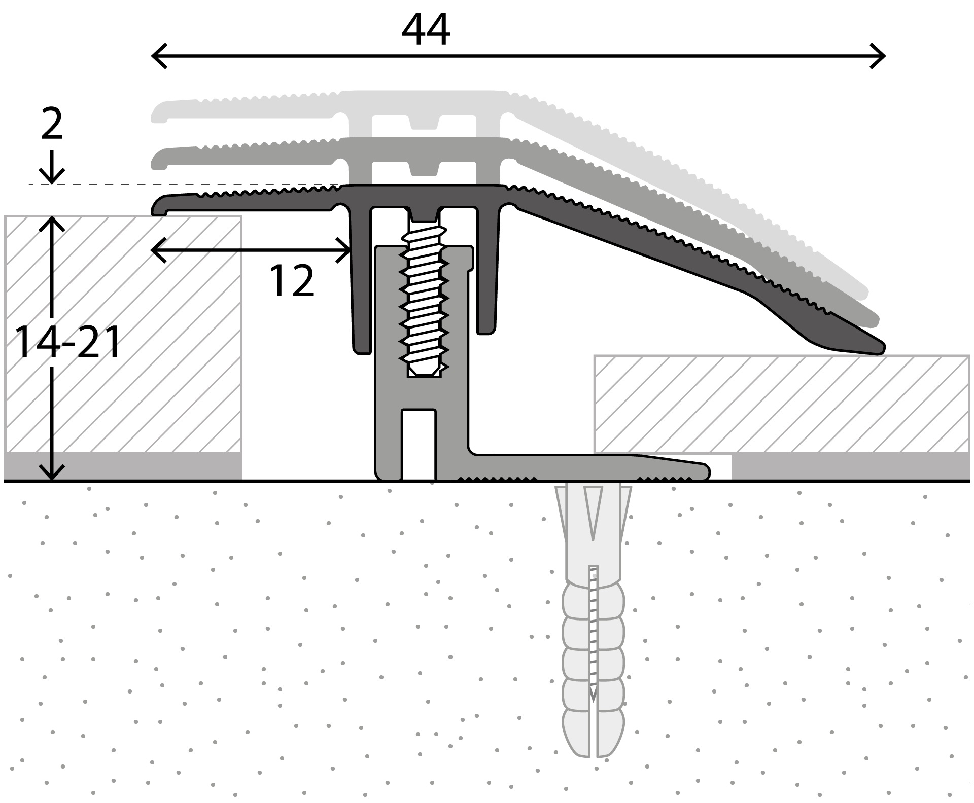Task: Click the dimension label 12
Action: [x=291, y=281]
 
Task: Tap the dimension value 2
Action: [x=52, y=125]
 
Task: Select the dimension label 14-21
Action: [x=68, y=343]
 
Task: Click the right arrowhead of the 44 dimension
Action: [x=878, y=56]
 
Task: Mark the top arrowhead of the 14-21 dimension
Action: [x=52, y=224]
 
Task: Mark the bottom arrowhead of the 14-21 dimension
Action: [x=52, y=472]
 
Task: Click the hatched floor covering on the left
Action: [x=123, y=335]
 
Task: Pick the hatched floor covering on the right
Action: [x=781, y=404]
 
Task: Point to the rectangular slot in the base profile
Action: [x=419, y=444]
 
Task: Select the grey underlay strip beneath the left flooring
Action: [x=123, y=466]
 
